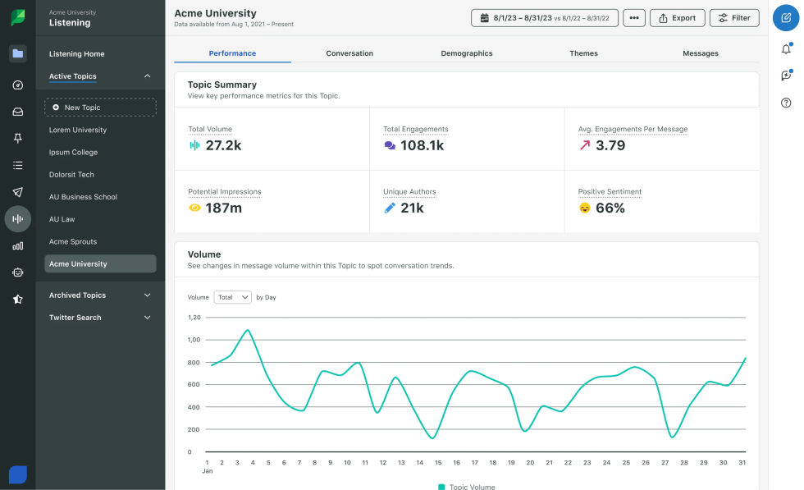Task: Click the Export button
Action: coord(677,17)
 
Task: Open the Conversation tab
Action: coord(349,53)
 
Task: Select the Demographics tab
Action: coord(467,53)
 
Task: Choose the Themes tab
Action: coord(583,53)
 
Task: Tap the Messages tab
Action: coord(700,53)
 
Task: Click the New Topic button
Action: coord(100,108)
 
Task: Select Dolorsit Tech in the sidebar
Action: coord(71,175)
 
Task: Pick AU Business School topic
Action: coord(83,197)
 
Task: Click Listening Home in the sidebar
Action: coord(76,54)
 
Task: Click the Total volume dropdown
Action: coord(232,297)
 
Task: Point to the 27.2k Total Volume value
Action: coord(222,145)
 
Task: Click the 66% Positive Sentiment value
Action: coord(610,208)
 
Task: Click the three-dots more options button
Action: coord(633,17)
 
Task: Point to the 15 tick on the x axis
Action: coord(438,462)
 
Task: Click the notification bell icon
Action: coord(786,48)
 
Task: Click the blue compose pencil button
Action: coord(786,18)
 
